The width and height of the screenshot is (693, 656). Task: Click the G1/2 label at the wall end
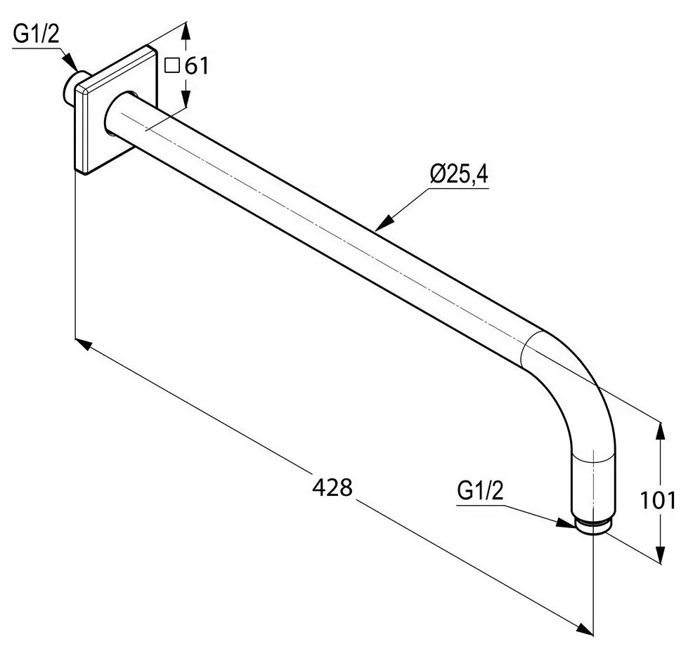click(37, 36)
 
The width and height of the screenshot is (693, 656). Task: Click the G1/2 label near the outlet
click(481, 491)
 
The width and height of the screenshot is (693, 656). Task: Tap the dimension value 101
click(659, 500)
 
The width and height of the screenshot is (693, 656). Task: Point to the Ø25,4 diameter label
click(458, 172)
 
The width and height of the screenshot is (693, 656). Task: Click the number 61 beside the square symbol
click(197, 67)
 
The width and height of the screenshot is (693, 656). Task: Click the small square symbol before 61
click(171, 67)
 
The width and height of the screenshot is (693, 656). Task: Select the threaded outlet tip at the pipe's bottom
click(592, 526)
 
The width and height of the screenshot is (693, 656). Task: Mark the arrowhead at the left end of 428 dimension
click(82, 343)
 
